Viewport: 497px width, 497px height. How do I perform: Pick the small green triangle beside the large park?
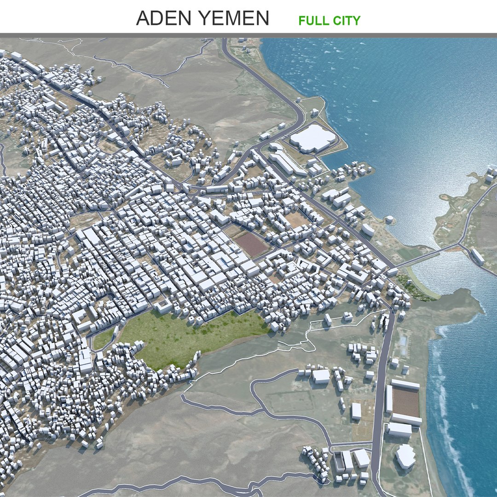(103, 340)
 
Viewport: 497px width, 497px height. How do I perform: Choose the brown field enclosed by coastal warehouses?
(405, 402)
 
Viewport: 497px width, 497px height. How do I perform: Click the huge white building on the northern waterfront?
(313, 137)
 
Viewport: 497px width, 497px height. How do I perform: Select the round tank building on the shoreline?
(390, 220)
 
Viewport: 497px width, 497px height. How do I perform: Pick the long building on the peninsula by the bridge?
(477, 256)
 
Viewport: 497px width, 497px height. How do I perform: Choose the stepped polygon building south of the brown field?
(405, 456)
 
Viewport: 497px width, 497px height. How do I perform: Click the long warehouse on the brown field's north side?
(405, 384)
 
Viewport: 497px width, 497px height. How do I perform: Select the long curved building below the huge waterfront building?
(288, 163)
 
